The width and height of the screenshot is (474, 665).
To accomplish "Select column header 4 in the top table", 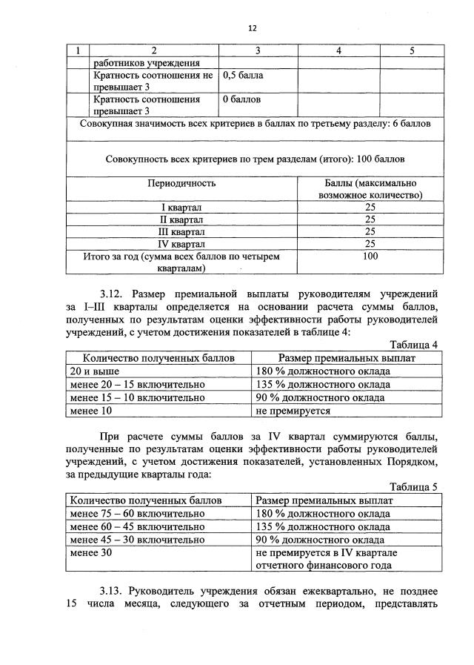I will (338, 50).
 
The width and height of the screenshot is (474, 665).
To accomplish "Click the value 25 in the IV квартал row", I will (370, 243).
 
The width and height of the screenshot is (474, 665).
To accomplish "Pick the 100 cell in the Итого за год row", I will (370, 257).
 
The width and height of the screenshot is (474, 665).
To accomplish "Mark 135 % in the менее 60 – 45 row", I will (322, 527).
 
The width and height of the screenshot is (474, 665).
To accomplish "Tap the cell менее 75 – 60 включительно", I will (137, 514).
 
